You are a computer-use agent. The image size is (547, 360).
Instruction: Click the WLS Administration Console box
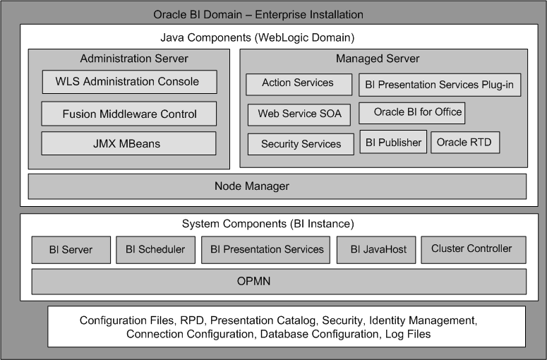129,82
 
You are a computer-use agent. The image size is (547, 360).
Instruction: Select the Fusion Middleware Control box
129,114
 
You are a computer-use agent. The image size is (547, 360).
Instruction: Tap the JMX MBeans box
129,144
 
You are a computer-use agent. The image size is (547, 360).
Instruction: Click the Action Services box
299,83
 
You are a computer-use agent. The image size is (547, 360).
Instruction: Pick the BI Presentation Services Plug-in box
440,86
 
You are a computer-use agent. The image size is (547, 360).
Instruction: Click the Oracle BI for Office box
411,112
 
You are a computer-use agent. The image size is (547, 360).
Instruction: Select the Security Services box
301,144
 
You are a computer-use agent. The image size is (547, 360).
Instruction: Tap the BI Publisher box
393,142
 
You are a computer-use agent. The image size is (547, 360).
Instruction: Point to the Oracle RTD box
465,142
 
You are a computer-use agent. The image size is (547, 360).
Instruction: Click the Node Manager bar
277,186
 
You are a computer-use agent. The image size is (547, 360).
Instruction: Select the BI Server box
71,250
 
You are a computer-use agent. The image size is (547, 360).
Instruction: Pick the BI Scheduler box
155,250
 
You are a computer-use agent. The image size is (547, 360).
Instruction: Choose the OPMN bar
279,282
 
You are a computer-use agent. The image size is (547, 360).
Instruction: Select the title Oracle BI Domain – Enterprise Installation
258,14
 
